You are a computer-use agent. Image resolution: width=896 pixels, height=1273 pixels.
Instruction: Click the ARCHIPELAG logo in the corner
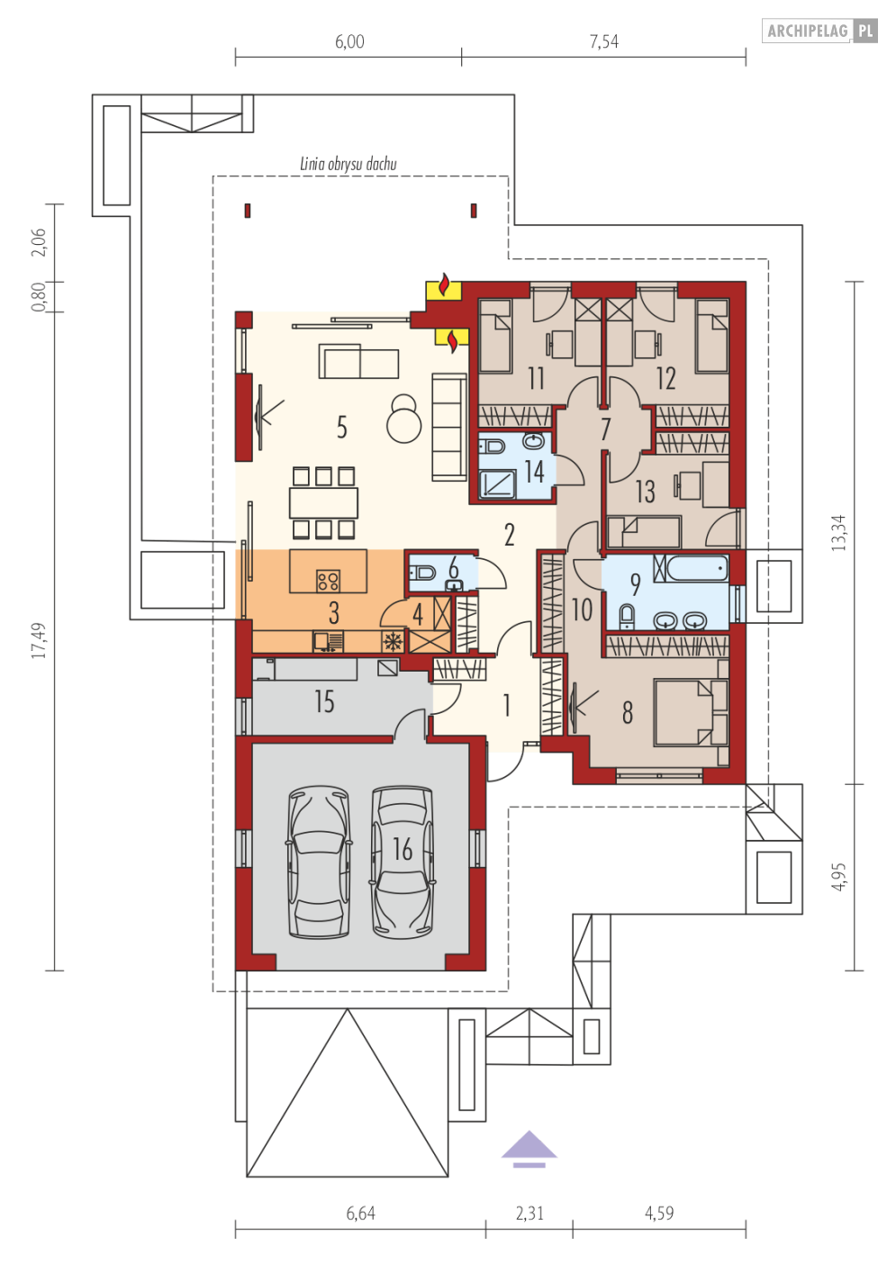(819, 31)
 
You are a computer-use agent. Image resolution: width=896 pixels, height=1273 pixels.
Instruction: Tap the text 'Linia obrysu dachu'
(348, 164)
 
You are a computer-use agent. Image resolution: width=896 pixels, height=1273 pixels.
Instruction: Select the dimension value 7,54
(603, 41)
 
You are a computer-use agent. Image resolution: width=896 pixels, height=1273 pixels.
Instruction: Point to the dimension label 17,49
(39, 640)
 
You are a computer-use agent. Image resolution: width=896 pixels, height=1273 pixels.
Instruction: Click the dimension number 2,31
(529, 1214)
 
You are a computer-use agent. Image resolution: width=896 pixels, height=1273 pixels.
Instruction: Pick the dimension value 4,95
(839, 877)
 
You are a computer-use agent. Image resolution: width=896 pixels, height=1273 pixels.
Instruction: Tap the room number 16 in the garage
(403, 850)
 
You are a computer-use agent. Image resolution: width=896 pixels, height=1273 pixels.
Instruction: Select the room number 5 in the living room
(341, 427)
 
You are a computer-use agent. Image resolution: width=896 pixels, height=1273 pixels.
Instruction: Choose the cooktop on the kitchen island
(328, 581)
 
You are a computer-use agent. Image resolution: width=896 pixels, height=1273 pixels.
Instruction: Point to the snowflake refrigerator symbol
(392, 642)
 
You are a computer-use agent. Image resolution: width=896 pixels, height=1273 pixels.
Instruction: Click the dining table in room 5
(323, 503)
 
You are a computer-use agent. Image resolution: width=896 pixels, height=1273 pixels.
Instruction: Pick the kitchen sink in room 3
(328, 642)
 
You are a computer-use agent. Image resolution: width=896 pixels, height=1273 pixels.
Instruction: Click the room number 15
(324, 701)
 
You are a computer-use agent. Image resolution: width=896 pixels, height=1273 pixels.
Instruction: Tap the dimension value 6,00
(349, 41)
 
